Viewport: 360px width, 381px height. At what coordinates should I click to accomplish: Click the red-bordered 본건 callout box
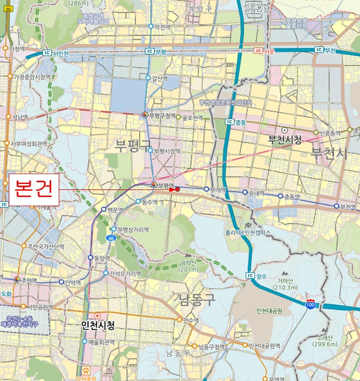[34, 190]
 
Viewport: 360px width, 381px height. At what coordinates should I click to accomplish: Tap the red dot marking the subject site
[177, 189]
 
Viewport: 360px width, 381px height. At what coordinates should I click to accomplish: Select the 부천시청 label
[284, 140]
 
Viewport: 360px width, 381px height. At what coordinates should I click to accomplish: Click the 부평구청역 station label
[165, 115]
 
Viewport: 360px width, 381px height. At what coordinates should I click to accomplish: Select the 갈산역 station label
[159, 78]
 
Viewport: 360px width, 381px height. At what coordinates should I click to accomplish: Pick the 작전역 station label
[163, 26]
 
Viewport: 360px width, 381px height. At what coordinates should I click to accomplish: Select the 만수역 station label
[192, 320]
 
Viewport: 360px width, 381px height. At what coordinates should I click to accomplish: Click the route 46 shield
[110, 238]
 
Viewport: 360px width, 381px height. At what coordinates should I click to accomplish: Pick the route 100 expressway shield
[310, 305]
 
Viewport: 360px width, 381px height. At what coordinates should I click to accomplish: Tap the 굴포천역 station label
[193, 117]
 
